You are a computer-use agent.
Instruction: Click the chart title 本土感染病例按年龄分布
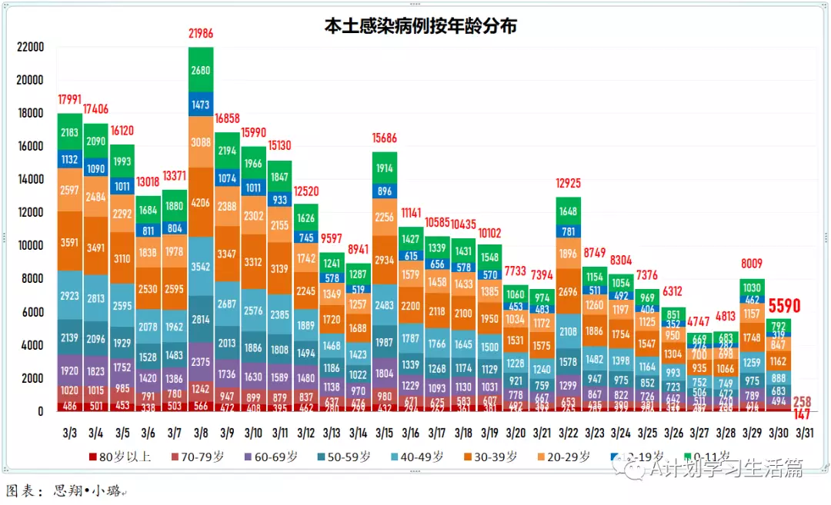tap(419, 26)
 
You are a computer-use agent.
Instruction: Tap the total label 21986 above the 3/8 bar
tap(201, 33)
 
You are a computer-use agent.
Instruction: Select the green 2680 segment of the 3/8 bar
tap(201, 70)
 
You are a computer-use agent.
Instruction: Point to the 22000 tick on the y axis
tap(30, 47)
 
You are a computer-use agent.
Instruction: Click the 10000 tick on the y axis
tap(30, 245)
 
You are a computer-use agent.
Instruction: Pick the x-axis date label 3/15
tap(383, 433)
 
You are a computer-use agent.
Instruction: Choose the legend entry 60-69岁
tap(269, 457)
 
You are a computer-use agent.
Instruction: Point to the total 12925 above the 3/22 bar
tap(567, 183)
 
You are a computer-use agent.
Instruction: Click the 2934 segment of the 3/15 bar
tap(384, 260)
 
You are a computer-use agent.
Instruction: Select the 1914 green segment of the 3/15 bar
tap(384, 168)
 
